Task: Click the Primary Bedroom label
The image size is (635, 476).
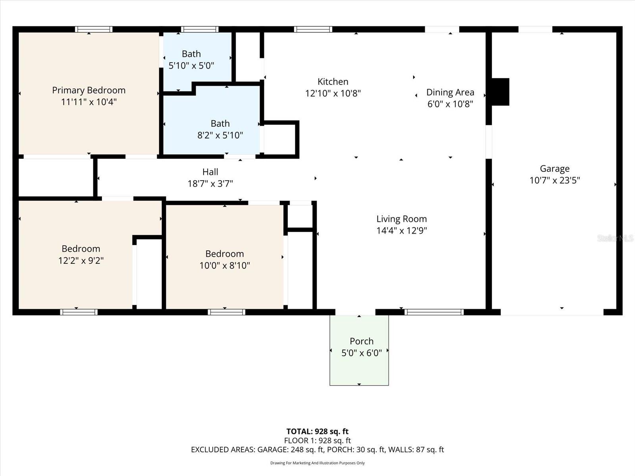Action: click(89, 90)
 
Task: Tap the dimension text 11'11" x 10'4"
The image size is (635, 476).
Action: click(89, 102)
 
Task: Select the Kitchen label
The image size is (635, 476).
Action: click(333, 82)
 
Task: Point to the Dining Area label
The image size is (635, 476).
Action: click(450, 92)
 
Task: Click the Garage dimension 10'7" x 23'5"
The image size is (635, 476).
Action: click(554, 180)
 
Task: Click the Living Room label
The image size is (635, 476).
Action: click(401, 219)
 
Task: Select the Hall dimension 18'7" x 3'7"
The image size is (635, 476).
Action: click(210, 184)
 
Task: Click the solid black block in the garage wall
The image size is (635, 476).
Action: click(500, 92)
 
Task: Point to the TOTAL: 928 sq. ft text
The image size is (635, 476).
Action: click(317, 431)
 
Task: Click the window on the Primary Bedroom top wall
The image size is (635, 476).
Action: click(94, 29)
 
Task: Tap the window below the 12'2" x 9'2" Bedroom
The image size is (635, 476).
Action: click(79, 312)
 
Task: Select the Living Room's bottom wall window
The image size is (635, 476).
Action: click(434, 312)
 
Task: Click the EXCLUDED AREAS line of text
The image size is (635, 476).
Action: click(317, 449)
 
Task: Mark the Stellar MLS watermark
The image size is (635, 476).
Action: click(615, 238)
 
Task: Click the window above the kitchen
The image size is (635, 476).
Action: click(313, 29)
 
